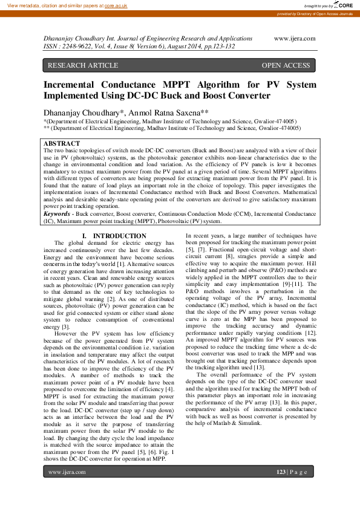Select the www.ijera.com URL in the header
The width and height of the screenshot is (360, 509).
click(295, 38)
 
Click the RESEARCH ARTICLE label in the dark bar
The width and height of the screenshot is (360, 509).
click(83, 65)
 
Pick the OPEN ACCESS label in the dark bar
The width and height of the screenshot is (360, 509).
click(286, 65)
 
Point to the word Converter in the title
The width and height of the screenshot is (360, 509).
click(246, 96)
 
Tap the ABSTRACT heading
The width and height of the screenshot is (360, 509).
click(62, 143)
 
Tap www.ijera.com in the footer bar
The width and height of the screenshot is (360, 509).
click(67, 472)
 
